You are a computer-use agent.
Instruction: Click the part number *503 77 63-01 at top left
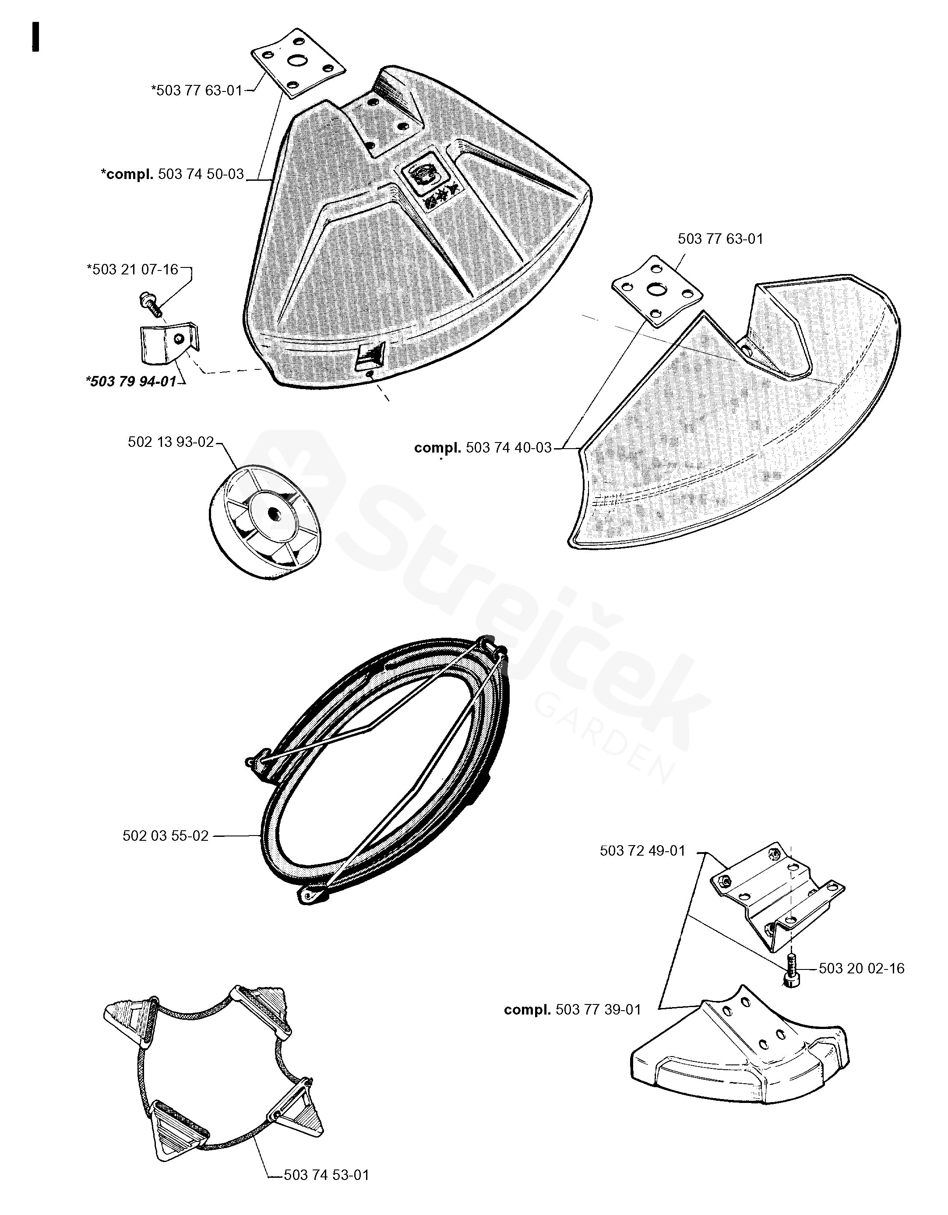coord(197,90)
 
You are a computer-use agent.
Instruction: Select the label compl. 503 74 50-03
coord(173,174)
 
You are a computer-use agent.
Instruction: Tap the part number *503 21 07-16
coord(133,270)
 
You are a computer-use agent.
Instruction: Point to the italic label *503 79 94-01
coord(131,381)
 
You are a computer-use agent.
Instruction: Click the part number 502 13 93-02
coord(171,442)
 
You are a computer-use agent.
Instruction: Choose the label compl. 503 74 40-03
coord(483,448)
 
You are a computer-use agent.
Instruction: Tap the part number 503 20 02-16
coord(861,969)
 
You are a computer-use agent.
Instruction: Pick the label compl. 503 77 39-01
coord(572,1010)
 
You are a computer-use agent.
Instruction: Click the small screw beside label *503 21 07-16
coord(150,302)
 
